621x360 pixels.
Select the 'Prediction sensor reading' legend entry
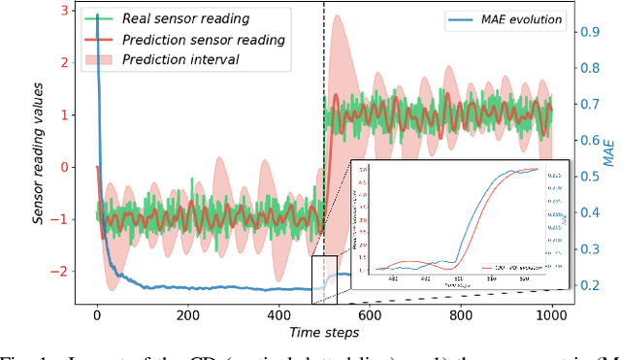(203, 40)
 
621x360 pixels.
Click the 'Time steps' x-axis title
(324, 333)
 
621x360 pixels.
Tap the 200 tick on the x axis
(187, 315)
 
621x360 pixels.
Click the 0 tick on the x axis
(97, 315)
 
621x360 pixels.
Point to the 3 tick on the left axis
(64, 11)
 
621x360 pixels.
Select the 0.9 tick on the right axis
(588, 31)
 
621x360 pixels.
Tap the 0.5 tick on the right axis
(588, 176)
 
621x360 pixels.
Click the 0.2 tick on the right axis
(588, 284)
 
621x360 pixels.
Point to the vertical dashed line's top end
(324, 4)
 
